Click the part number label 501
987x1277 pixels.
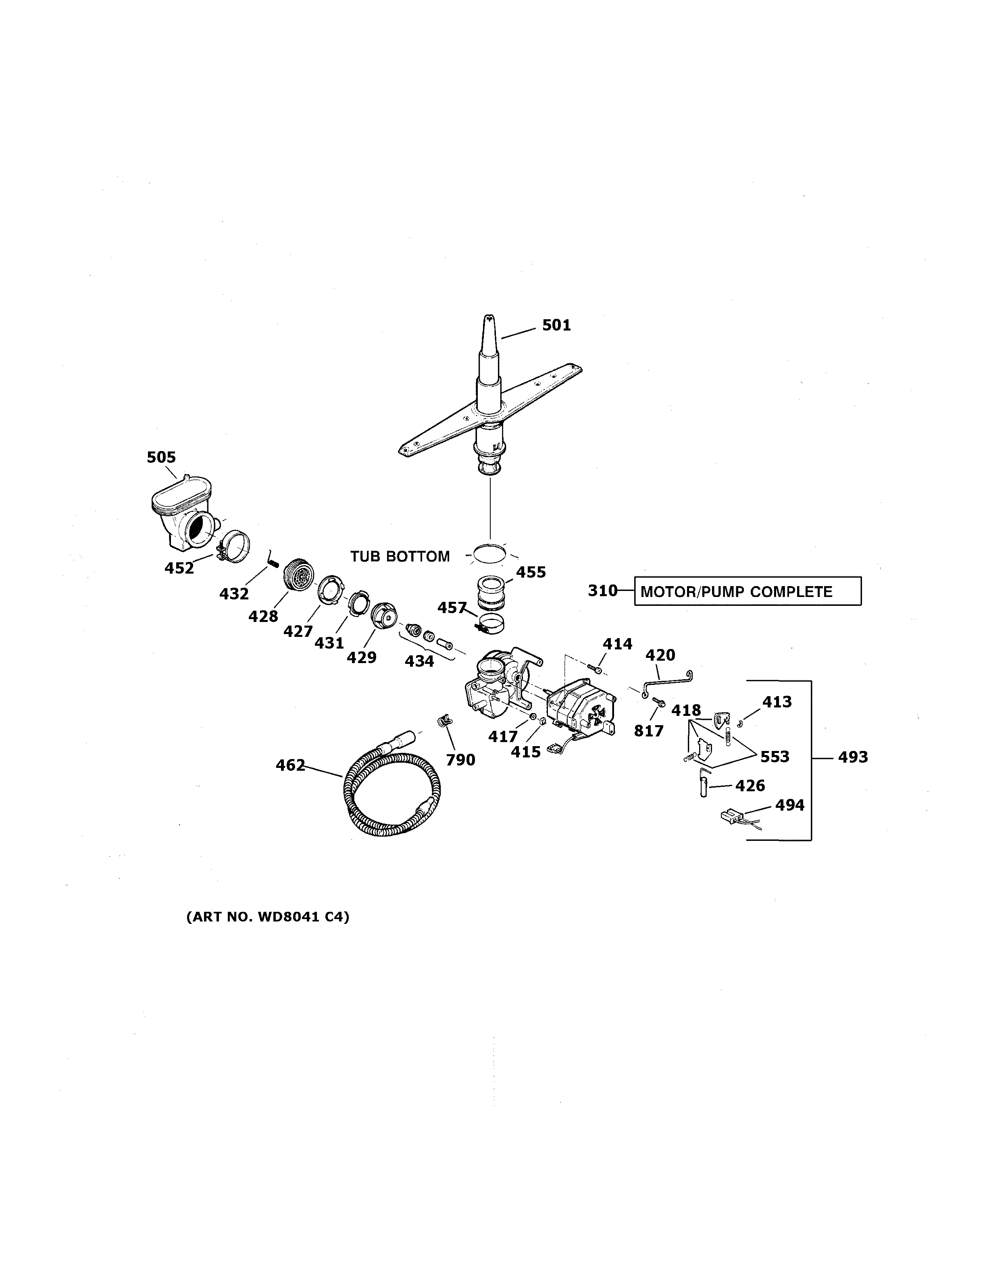click(x=556, y=325)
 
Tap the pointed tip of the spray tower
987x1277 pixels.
click(x=487, y=319)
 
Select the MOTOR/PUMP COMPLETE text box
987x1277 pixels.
click(x=747, y=591)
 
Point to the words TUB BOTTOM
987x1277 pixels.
click(x=400, y=556)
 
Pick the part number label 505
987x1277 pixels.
click(x=161, y=457)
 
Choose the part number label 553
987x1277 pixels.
click(x=775, y=757)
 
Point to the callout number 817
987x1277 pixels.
click(x=648, y=730)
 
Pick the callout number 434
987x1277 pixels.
click(x=420, y=661)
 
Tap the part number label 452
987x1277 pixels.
click(x=179, y=568)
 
